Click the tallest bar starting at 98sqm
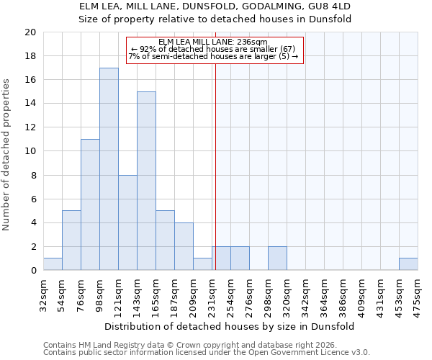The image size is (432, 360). click(109, 169)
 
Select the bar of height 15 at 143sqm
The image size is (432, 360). click(146, 181)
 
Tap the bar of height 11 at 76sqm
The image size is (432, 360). click(90, 204)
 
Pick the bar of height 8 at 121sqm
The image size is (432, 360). click(127, 222)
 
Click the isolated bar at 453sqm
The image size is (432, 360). click(408, 264)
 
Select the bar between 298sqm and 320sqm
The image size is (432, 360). click(277, 258)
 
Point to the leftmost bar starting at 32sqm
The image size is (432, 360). click(53, 264)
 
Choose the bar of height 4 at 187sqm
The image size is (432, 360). click(184, 246)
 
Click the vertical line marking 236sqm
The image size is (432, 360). click(215, 166)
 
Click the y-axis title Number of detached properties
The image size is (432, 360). click(7, 151)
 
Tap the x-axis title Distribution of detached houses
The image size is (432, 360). click(230, 326)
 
